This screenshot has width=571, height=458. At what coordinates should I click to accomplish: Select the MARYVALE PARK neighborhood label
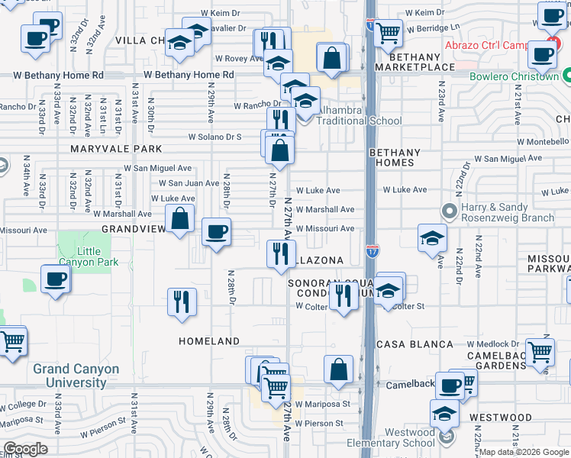pos(117,149)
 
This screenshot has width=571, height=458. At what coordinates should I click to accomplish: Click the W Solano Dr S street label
pos(216,137)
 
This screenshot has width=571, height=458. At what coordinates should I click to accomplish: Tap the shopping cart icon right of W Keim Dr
pos(388,32)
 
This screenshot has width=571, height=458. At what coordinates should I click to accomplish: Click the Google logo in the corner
pos(25,449)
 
